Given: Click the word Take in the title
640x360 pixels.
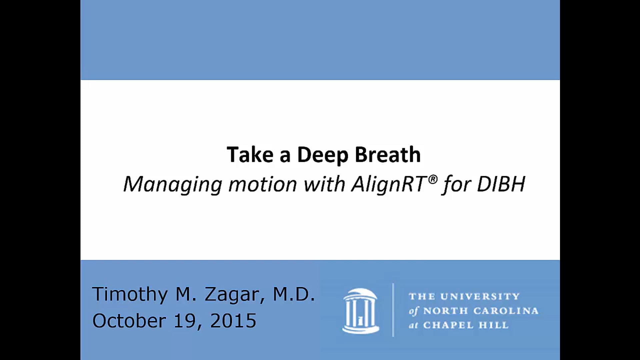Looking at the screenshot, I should pyautogui.click(x=250, y=155).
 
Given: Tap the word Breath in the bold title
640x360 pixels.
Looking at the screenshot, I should pyautogui.click(x=387, y=155).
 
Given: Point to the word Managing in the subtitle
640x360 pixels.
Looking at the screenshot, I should pyautogui.click(x=173, y=184).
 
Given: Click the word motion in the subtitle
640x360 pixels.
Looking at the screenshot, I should pyautogui.click(x=263, y=184).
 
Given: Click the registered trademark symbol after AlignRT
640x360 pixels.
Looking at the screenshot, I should pyautogui.click(x=433, y=179).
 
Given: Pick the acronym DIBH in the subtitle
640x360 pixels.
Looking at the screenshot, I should pyautogui.click(x=501, y=184).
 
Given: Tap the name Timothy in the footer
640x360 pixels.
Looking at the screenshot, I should pyautogui.click(x=130, y=294).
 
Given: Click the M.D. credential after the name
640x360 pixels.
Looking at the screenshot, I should pyautogui.click(x=294, y=294).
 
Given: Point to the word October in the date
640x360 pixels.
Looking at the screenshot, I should pyautogui.click(x=129, y=321).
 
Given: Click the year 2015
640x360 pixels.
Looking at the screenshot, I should pyautogui.click(x=233, y=321).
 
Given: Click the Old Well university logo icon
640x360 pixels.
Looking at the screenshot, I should pyautogui.click(x=361, y=310).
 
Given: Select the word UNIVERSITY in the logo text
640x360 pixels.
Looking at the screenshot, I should pyautogui.click(x=480, y=296).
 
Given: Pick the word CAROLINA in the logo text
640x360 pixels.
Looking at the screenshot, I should pyautogui.click(x=506, y=311).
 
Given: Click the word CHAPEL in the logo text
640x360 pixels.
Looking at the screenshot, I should pyautogui.click(x=448, y=325).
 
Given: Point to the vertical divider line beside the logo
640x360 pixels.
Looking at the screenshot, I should pyautogui.click(x=393, y=310).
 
